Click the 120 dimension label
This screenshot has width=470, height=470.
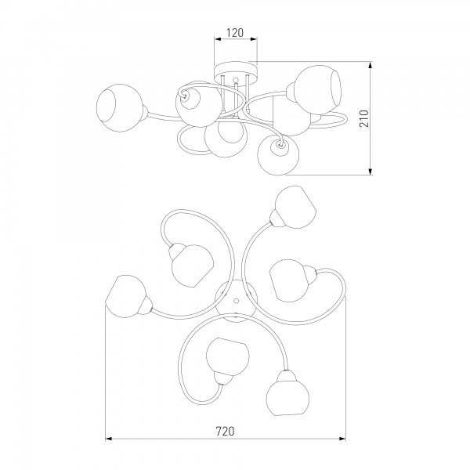point(235,32)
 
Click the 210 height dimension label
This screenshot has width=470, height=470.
point(364,118)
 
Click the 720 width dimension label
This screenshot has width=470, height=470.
point(225,431)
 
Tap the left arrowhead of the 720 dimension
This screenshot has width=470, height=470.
point(108,439)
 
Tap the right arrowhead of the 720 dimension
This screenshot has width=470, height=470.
point(342,439)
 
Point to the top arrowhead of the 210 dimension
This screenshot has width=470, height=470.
point(371,65)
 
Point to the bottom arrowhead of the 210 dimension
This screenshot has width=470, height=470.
point(371,172)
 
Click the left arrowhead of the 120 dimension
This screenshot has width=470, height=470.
point(218,39)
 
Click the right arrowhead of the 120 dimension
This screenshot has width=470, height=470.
point(254,39)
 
